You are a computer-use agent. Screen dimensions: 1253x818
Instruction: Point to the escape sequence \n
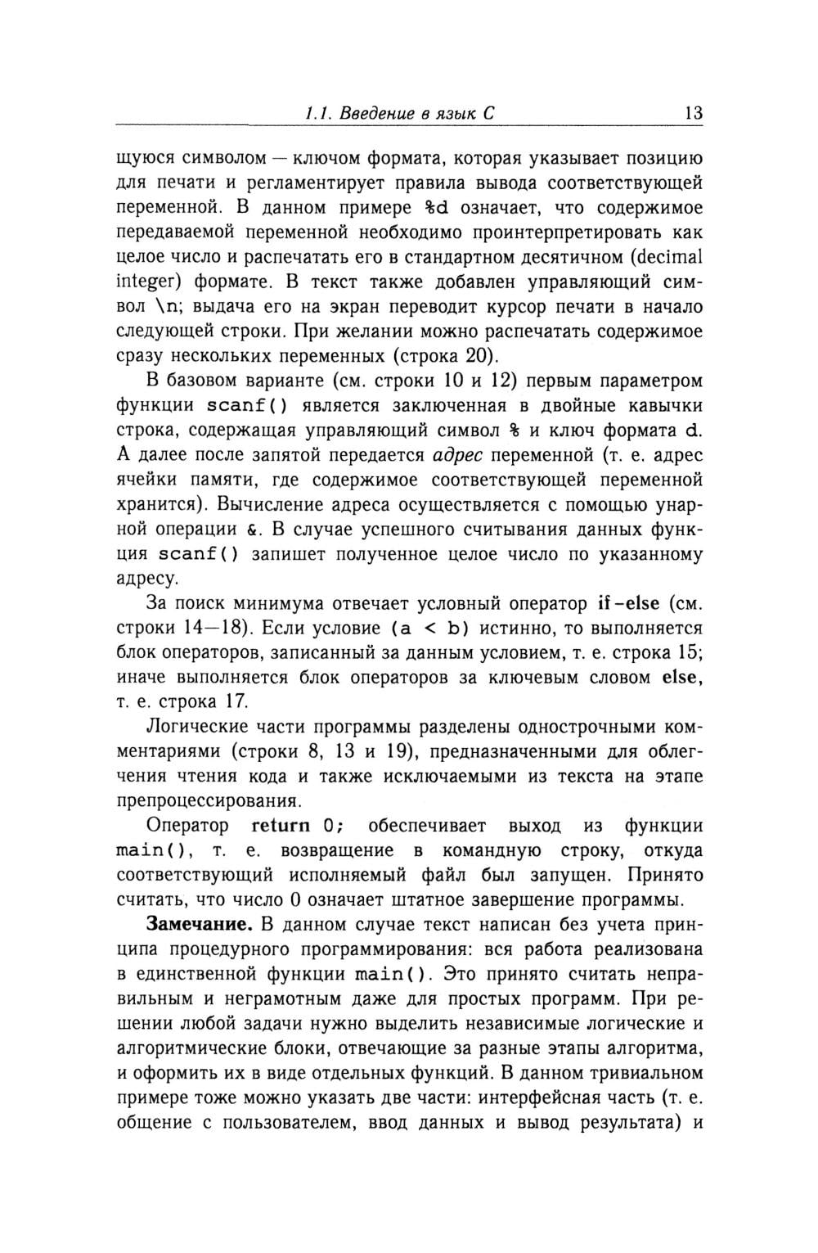pos(155,308)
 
